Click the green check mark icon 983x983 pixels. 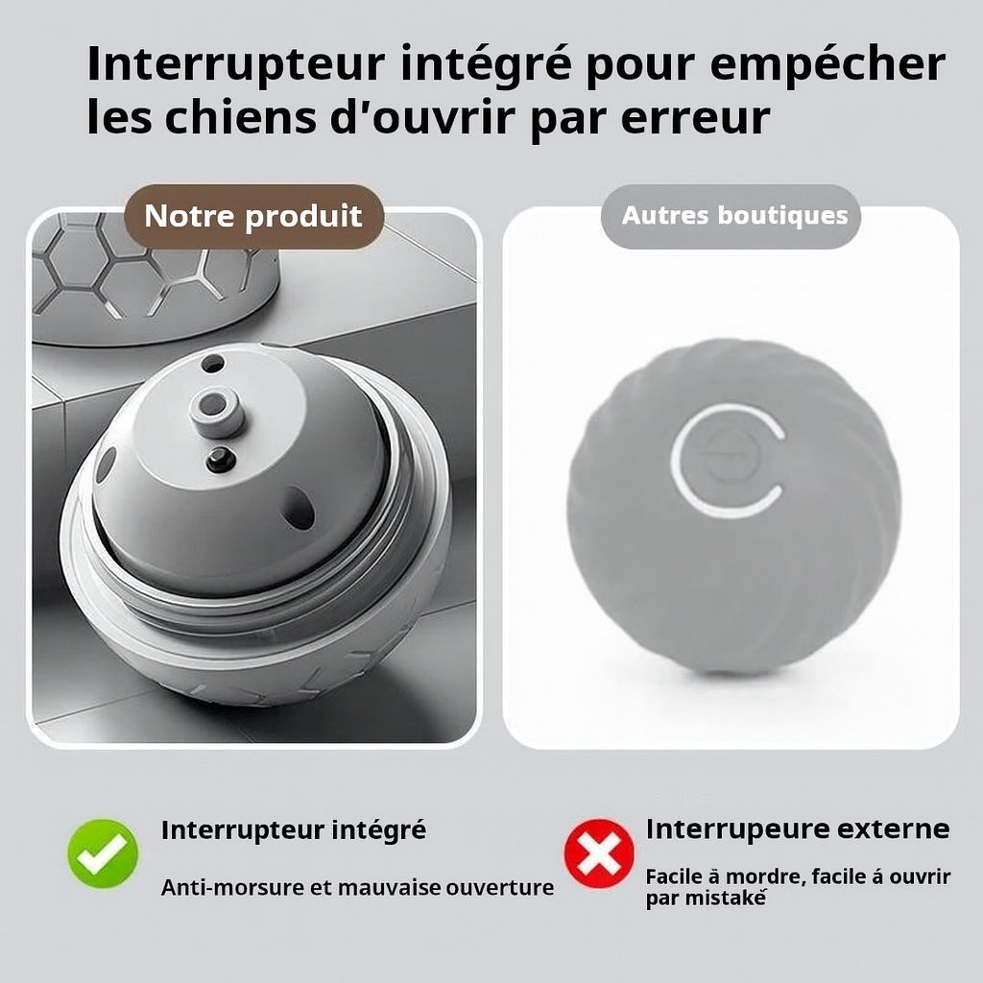tap(103, 852)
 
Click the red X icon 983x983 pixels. tap(598, 852)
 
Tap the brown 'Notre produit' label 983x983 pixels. tap(253, 216)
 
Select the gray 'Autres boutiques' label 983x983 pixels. tap(734, 215)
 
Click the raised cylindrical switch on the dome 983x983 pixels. tap(217, 410)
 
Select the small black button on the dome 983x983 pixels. tap(220, 460)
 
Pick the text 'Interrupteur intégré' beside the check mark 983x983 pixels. tap(293, 829)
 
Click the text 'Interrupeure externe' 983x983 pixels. tap(797, 828)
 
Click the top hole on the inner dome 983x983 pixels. tap(212, 364)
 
